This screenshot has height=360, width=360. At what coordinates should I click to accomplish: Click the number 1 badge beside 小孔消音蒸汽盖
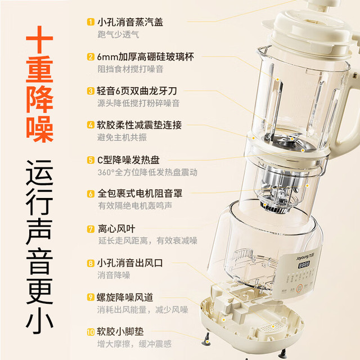(91, 22)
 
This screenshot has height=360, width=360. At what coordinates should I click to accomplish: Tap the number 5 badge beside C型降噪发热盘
(91, 160)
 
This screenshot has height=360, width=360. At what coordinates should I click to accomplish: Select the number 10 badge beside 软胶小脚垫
(91, 332)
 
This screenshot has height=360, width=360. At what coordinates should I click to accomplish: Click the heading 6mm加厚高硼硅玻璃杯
(146, 57)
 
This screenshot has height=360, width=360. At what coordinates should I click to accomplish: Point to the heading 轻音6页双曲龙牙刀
(137, 91)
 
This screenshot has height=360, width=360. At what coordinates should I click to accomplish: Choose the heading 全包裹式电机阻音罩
(140, 193)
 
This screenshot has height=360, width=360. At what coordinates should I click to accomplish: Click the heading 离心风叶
(116, 229)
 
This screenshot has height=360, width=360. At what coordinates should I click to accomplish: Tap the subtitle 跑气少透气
(118, 35)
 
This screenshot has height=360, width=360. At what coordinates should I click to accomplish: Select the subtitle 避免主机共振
(122, 137)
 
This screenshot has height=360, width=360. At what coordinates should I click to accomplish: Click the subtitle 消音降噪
(114, 275)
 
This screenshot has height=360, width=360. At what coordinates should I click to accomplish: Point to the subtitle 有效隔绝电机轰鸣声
(135, 206)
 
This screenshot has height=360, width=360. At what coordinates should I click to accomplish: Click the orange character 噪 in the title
(40, 129)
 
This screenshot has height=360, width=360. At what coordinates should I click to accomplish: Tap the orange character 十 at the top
(39, 39)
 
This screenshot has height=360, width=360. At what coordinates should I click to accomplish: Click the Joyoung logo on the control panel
(305, 257)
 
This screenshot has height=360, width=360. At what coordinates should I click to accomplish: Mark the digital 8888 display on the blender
(304, 265)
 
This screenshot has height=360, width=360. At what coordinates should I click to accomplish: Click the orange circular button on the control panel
(299, 288)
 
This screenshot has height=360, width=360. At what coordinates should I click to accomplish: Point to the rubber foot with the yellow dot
(206, 339)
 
